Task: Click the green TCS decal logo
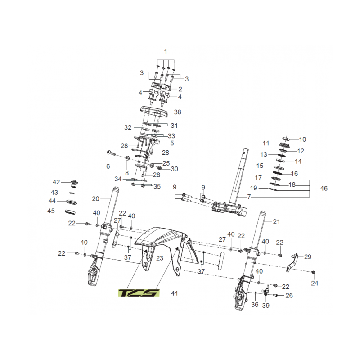click(x=139, y=293)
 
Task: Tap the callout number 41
click(x=174, y=293)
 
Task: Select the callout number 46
click(x=324, y=189)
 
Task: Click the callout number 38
click(x=177, y=112)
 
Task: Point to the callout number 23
click(x=160, y=258)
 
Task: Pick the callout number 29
click(x=308, y=256)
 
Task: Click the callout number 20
click(x=95, y=199)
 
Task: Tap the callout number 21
click(x=276, y=221)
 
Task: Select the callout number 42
click(x=56, y=182)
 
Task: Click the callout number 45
click(x=51, y=211)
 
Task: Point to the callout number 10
click(x=302, y=139)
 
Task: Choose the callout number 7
click(x=249, y=197)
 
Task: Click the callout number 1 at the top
click(x=166, y=52)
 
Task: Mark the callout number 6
click(x=108, y=166)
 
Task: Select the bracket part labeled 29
click(x=292, y=262)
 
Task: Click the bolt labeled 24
click(x=314, y=272)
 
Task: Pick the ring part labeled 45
click(x=71, y=211)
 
